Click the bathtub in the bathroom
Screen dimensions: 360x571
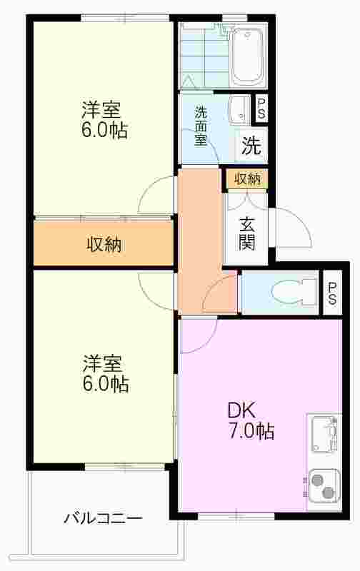click(248, 56)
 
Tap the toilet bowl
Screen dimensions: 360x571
click(294, 292)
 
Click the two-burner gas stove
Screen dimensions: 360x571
click(324, 486)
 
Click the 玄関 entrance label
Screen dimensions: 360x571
click(246, 234)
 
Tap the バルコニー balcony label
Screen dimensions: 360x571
click(103, 518)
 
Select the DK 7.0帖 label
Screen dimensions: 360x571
click(251, 420)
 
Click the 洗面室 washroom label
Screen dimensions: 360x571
click(201, 126)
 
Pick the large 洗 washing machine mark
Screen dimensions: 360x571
click(251, 146)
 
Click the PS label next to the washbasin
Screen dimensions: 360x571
click(261, 109)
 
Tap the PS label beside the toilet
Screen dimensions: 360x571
click(332, 293)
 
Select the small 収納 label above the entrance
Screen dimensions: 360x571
click(247, 179)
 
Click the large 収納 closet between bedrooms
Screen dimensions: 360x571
click(104, 244)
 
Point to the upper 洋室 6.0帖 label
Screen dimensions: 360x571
click(104, 120)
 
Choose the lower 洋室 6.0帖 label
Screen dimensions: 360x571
click(105, 373)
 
